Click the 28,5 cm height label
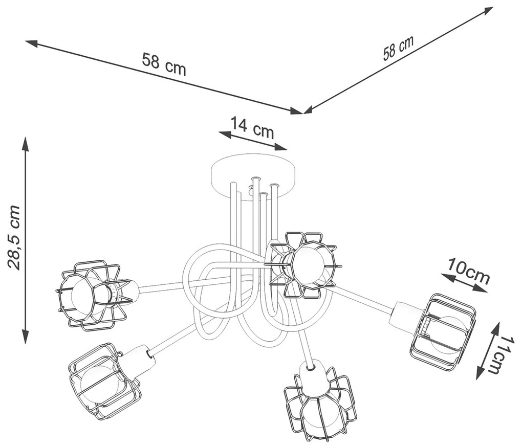pyautogui.click(x=14, y=237)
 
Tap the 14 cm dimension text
pyautogui.click(x=252, y=127)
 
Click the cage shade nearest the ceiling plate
pyautogui.click(x=304, y=263)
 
